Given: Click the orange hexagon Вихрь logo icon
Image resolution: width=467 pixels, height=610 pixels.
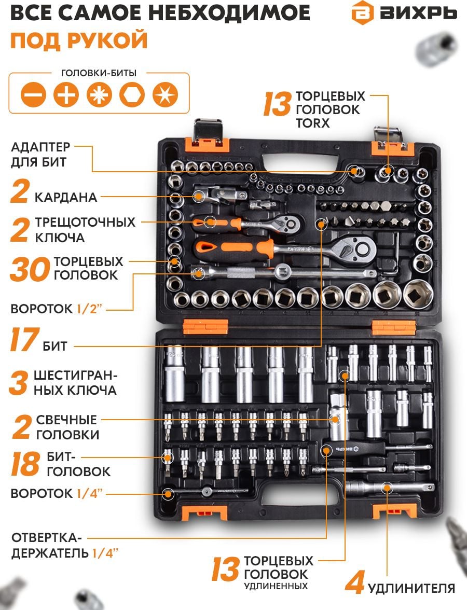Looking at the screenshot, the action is [362, 13].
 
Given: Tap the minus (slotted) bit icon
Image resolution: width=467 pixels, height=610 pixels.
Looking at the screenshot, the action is [33, 94].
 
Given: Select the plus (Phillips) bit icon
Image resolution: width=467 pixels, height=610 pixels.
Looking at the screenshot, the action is [66, 94].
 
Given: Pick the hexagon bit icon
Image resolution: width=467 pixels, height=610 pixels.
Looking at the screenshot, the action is [132, 94].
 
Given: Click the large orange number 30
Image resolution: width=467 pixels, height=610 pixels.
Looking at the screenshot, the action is [30, 269].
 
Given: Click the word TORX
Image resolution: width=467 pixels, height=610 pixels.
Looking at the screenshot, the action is [312, 123].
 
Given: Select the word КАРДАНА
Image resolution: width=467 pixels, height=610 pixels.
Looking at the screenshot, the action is [66, 197].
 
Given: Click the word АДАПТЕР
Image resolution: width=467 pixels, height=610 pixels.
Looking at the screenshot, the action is [40, 147].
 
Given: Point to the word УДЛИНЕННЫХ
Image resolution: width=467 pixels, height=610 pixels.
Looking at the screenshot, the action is [276, 586].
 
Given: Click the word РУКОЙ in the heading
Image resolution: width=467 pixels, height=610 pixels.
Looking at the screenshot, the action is [108, 40].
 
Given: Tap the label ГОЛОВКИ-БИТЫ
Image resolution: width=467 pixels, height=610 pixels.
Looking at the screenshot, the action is [99, 73].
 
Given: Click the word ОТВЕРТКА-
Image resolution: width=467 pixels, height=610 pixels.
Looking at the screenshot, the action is [47, 537].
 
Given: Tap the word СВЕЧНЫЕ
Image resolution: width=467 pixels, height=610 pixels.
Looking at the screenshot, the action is [66, 420].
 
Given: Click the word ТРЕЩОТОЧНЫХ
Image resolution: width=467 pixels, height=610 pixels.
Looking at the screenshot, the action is [85, 222].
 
